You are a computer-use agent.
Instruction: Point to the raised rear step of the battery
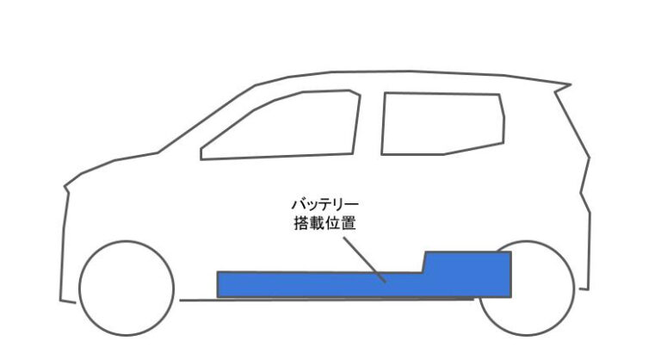pyautogui.click(x=467, y=263)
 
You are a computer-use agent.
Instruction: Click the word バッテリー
pyautogui.click(x=325, y=205)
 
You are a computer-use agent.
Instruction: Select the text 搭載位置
pyautogui.click(x=325, y=223)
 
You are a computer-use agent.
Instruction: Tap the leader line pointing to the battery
pyautogui.click(x=364, y=259)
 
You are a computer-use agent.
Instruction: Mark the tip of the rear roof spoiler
pyautogui.click(x=571, y=84)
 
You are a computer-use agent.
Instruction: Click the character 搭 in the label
pyautogui.click(x=301, y=223)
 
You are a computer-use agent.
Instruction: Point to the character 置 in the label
pyautogui.click(x=349, y=223)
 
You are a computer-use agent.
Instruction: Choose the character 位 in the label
pyautogui.click(x=333, y=223)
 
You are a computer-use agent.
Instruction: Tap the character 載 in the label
pyautogui.click(x=318, y=223)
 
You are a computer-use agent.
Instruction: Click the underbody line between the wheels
pyautogui.click(x=327, y=300)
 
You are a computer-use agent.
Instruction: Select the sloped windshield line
pyautogui.click(x=207, y=119)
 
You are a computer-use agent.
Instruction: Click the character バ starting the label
pyautogui.click(x=299, y=205)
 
